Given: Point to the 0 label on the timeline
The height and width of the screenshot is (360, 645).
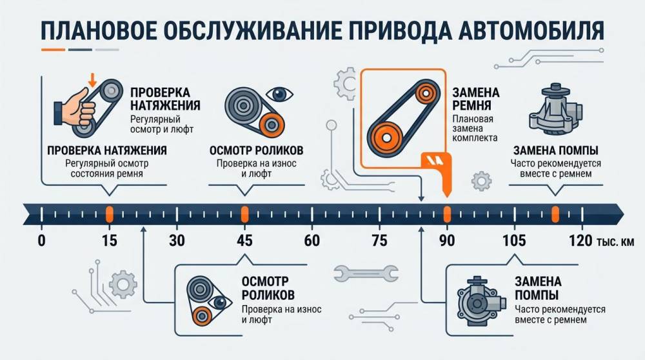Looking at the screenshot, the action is tap(41, 241).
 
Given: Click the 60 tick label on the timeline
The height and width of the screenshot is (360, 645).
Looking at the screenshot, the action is tap(312, 241).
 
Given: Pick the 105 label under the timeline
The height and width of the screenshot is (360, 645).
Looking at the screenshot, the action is tap(514, 241).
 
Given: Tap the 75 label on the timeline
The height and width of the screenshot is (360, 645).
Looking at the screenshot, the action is tap(379, 241).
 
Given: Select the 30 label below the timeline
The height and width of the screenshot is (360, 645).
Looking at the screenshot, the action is tap(177, 241).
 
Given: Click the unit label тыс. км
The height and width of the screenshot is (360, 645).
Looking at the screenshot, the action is tap(615, 242).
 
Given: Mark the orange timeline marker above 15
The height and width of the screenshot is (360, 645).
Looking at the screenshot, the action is tap(110, 214).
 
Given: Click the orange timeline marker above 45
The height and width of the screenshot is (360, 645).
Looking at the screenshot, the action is tap(244, 214).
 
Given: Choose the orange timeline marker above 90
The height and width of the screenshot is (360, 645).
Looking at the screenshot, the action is tap(447, 214).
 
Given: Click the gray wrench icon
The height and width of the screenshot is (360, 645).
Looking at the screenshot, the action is tap(366, 274).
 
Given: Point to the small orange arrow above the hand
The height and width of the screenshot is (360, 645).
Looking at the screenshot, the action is tap(92, 80).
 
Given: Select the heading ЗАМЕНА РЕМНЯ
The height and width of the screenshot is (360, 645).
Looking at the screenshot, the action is tap(476, 99).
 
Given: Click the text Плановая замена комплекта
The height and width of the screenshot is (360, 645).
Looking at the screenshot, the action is tap(475, 128).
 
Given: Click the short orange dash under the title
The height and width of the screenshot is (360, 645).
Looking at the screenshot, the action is tap(54, 50).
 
